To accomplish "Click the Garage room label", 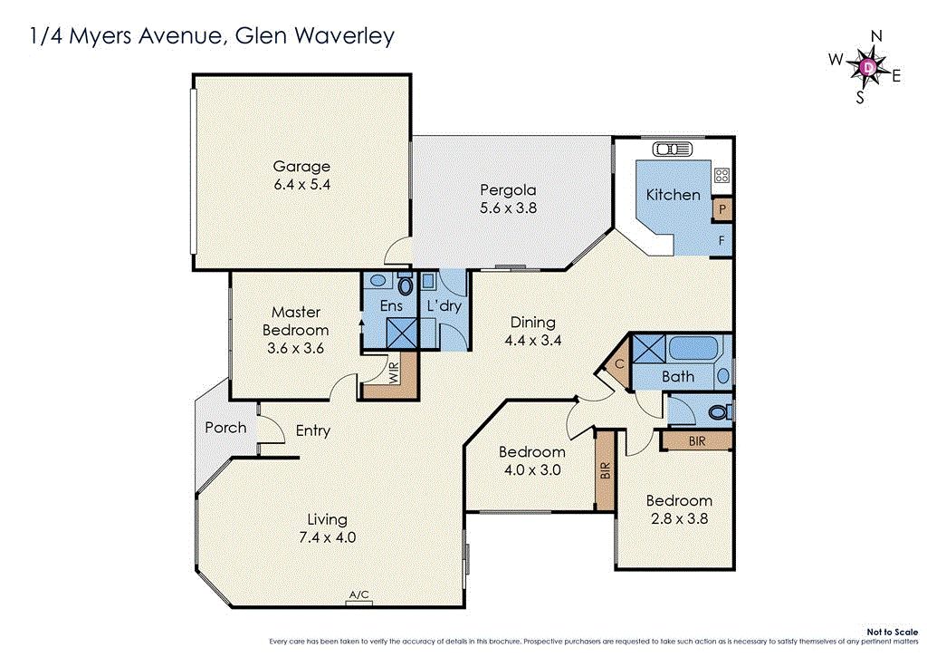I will (x=301, y=167).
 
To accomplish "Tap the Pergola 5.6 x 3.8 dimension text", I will (x=508, y=207).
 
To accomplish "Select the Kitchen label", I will (x=673, y=195).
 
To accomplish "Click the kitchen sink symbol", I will (x=668, y=150).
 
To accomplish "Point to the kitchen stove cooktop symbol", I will (x=722, y=175).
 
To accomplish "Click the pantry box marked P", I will (x=722, y=209).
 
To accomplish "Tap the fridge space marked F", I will (x=722, y=241).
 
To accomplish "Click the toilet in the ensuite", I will (x=405, y=285).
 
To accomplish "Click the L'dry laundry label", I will (x=444, y=306).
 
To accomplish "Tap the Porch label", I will (x=225, y=427).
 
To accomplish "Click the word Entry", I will (x=313, y=431).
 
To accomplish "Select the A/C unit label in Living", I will (x=359, y=595).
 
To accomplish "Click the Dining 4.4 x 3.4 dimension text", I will (x=532, y=341).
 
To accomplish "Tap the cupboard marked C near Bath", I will (x=618, y=364).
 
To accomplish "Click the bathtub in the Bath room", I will (x=693, y=349).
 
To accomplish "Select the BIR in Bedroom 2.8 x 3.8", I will (x=695, y=441).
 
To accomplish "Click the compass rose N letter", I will (x=875, y=36).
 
